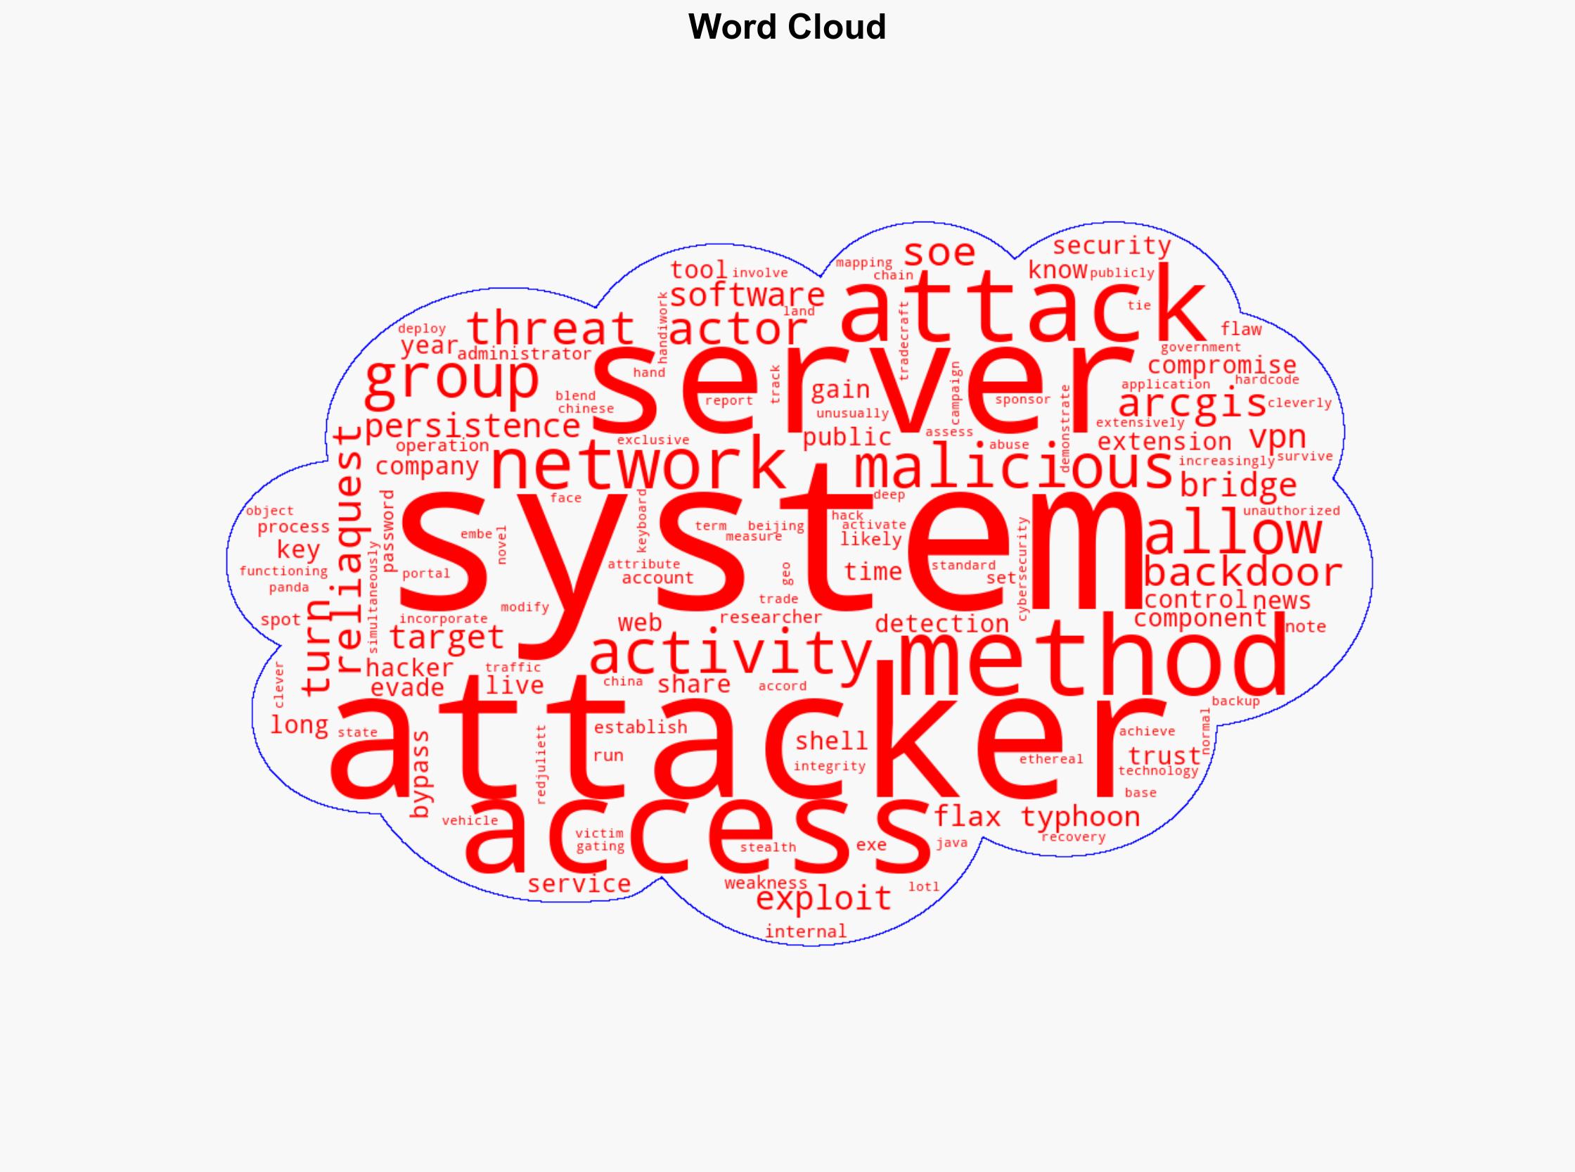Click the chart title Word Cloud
(x=786, y=27)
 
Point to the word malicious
(x=1013, y=469)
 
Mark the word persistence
(x=472, y=426)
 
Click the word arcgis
(x=1191, y=404)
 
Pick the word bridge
(x=1237, y=485)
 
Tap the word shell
(x=831, y=741)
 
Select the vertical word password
(x=389, y=530)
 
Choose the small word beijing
(x=776, y=526)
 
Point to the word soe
(x=939, y=252)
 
